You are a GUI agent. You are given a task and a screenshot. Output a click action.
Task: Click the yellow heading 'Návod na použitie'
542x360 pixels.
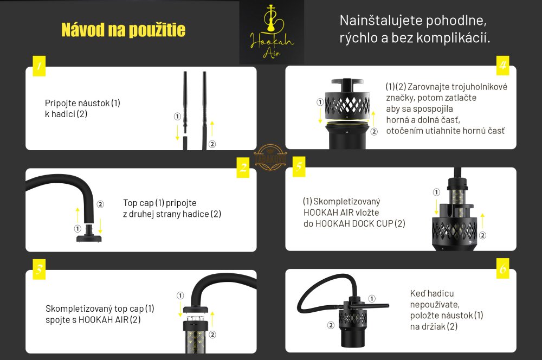[x=124, y=30]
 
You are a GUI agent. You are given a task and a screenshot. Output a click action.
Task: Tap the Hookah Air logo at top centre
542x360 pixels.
[x=272, y=32]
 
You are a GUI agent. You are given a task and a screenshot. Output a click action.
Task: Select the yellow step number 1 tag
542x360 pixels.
[x=39, y=66]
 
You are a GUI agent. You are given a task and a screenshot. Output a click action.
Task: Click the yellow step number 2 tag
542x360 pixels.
[x=243, y=168]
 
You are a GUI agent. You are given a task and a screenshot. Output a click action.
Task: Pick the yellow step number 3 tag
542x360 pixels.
[x=39, y=269]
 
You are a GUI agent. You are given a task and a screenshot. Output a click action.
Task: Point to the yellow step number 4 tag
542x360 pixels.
[x=503, y=65]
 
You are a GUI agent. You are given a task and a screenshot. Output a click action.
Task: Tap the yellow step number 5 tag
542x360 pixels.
[x=299, y=166]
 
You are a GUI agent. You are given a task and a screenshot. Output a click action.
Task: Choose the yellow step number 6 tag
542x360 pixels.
[x=503, y=268]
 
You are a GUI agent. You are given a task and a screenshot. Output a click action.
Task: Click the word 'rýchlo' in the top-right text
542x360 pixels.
[x=358, y=38]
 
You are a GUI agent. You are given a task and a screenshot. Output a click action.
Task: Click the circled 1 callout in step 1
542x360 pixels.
[x=177, y=117]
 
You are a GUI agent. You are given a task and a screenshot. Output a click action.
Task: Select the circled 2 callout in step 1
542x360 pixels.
[x=212, y=144]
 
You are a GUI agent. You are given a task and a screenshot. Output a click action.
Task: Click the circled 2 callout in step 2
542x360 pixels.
[x=100, y=204]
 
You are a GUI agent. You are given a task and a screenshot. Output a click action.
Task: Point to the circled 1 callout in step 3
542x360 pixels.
[x=180, y=295]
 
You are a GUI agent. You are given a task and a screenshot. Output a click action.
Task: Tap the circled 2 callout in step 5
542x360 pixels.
[x=482, y=235]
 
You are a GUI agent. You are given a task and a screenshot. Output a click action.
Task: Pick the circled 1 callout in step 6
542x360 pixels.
[x=372, y=298]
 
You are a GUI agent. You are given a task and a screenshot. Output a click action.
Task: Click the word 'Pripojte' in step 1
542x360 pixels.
[x=61, y=104]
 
